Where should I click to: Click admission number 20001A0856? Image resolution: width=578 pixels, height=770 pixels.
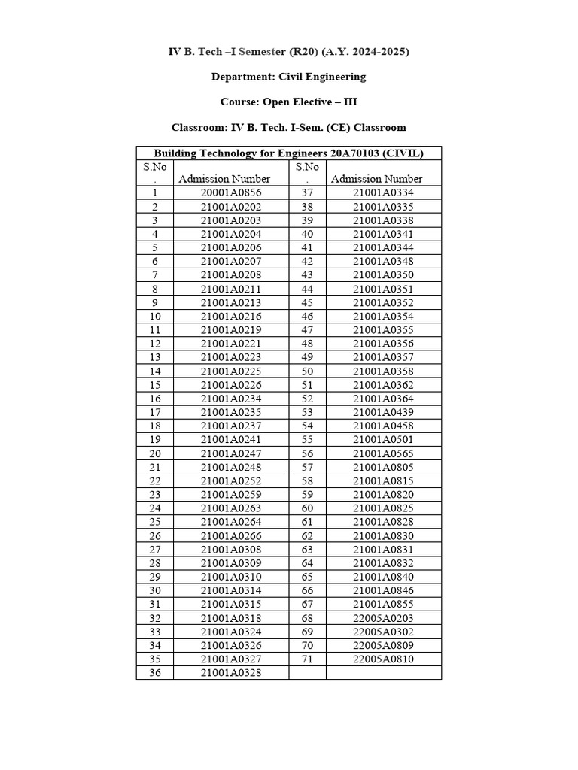[231, 192]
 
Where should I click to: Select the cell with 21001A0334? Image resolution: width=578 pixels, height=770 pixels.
[383, 192]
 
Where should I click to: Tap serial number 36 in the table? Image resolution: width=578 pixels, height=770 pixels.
[155, 673]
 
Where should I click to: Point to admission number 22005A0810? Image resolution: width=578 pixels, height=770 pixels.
[383, 659]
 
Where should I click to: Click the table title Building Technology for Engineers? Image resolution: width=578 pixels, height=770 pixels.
[288, 153]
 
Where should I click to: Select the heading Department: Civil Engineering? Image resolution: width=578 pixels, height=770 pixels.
[288, 77]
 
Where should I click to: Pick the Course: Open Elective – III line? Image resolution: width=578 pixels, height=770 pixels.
[288, 102]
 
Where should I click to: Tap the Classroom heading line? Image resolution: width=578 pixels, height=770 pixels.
[288, 127]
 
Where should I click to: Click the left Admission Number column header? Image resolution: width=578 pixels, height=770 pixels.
[224, 179]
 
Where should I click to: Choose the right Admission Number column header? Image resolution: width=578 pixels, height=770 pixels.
[376, 179]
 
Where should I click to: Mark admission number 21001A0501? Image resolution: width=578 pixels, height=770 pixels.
[383, 439]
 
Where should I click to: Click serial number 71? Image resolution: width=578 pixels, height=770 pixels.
[307, 659]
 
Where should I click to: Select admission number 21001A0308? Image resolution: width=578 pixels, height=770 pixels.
[231, 550]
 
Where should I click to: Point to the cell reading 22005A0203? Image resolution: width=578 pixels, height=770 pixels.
[383, 618]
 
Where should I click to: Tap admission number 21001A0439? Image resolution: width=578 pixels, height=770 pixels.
[383, 412]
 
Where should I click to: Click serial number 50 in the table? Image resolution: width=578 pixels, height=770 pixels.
[307, 371]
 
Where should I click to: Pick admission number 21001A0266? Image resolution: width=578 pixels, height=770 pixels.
[231, 536]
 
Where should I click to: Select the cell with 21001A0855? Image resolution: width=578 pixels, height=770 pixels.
[383, 605]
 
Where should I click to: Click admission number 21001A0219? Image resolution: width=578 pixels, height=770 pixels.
[231, 330]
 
